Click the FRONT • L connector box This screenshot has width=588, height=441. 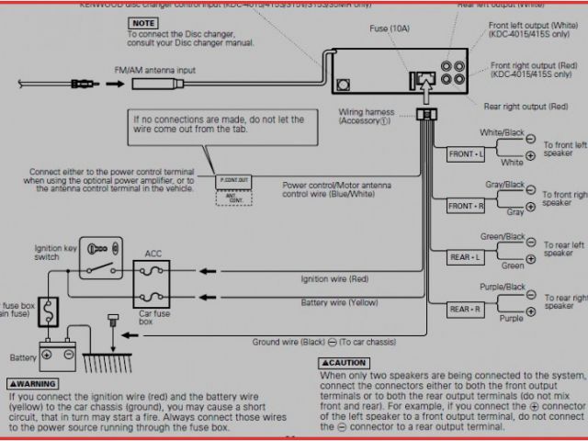(x=465, y=153)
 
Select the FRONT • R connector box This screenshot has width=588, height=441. (x=465, y=206)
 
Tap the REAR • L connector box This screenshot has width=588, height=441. (x=465, y=257)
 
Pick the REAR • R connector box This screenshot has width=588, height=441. (x=465, y=310)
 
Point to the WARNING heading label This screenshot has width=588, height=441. (x=32, y=382)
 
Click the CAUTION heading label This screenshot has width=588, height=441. (x=344, y=363)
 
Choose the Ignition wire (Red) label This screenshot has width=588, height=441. (x=336, y=278)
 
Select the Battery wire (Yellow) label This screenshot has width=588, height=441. (x=338, y=301)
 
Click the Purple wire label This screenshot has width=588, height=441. (x=511, y=318)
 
